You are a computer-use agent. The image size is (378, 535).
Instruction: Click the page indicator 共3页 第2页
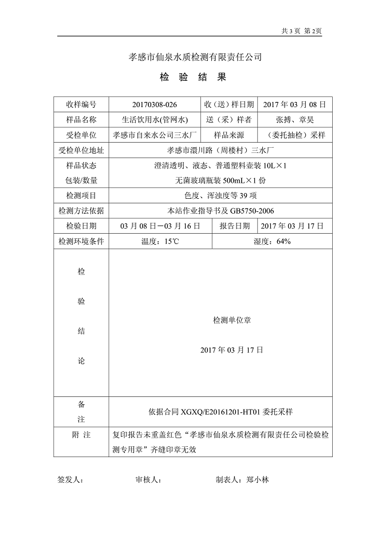(302, 32)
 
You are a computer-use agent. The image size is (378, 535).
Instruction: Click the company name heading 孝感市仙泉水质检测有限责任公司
(195, 57)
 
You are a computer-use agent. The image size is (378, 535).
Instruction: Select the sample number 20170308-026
(155, 104)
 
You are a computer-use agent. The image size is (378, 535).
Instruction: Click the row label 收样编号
(81, 104)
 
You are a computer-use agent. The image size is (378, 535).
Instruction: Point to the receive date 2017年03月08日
(295, 104)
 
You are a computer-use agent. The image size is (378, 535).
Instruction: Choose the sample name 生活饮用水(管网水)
(155, 120)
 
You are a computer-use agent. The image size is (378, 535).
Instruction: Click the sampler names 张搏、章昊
(295, 120)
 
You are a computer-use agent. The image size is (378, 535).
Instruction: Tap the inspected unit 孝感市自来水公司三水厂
(155, 135)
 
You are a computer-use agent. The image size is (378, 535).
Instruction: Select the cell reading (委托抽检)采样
(295, 135)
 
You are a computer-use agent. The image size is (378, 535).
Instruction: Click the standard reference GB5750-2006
(256, 211)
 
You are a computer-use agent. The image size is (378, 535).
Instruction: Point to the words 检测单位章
(231, 321)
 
